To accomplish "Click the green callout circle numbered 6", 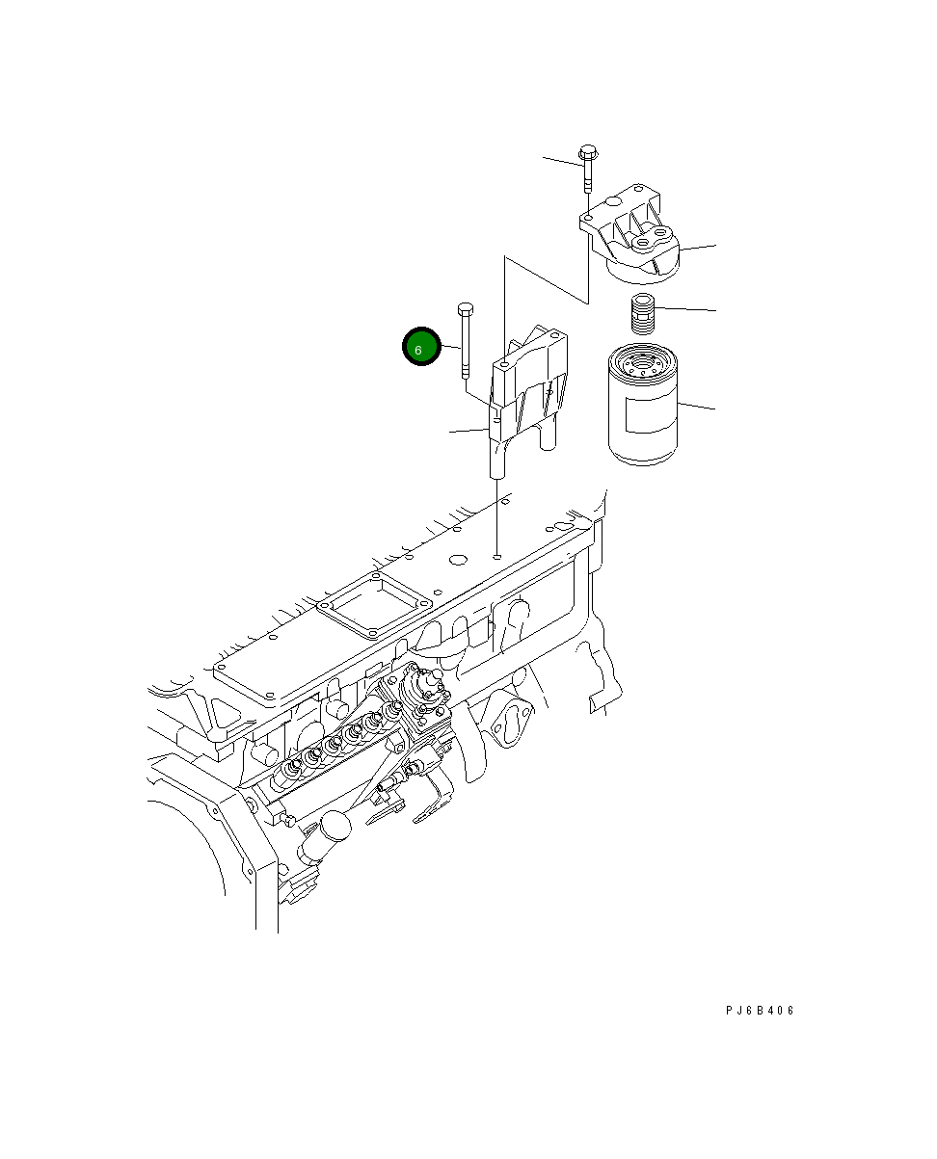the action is (x=421, y=346).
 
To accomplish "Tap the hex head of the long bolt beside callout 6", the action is (x=466, y=308).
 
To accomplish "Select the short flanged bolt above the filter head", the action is (x=588, y=169).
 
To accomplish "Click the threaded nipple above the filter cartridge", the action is (x=643, y=314).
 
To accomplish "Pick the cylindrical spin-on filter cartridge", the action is (x=643, y=404).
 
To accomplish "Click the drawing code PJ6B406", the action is (x=760, y=1011).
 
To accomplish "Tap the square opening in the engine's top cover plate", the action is (x=375, y=604).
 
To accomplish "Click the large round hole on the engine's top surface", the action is (x=458, y=560).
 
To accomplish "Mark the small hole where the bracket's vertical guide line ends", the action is (x=496, y=556).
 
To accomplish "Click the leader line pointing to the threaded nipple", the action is (x=685, y=309).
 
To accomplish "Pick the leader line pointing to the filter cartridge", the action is (x=696, y=407).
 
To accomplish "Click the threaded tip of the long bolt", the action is (x=466, y=372).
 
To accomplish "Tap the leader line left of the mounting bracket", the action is (x=468, y=431).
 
